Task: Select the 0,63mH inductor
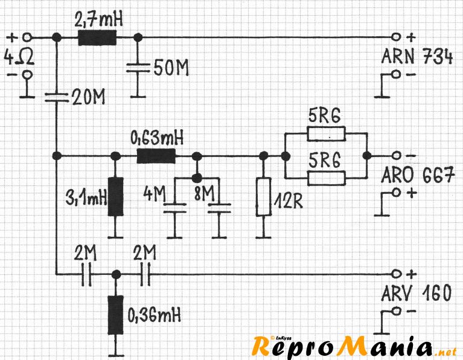pos(156,156)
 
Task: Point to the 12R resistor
pos(263,196)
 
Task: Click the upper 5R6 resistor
pos(326,133)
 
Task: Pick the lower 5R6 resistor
pos(326,177)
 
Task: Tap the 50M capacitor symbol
pos(139,68)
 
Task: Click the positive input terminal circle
pos(26,37)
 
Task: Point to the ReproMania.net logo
pos(353,346)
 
